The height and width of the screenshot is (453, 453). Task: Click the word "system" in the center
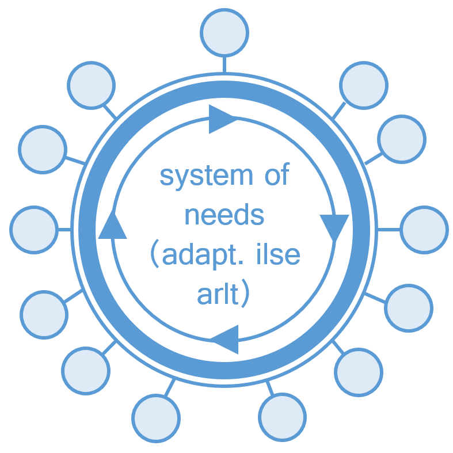pyautogui.click(x=206, y=176)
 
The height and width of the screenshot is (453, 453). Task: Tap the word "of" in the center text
pyautogui.click(x=277, y=174)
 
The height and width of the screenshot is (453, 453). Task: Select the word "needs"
pyautogui.click(x=224, y=214)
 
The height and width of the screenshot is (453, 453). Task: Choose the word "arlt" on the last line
pyautogui.click(x=218, y=293)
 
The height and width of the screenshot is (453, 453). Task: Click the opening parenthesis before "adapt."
pyautogui.click(x=155, y=253)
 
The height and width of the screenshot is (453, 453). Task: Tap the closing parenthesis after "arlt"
pyautogui.click(x=245, y=293)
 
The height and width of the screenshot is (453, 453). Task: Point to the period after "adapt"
pyautogui.click(x=241, y=262)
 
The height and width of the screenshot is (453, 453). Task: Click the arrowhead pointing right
pyautogui.click(x=222, y=119)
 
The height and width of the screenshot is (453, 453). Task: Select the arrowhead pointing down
pyautogui.click(x=334, y=228)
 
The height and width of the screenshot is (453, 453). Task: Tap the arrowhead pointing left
pyautogui.click(x=224, y=340)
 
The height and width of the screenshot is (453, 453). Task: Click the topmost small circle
pyautogui.click(x=224, y=33)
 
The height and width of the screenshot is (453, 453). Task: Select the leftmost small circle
pyautogui.click(x=34, y=230)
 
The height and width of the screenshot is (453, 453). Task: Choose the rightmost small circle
pyautogui.click(x=424, y=230)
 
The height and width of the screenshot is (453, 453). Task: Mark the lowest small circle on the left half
pyautogui.click(x=156, y=418)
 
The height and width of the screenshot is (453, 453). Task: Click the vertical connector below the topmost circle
pyautogui.click(x=224, y=64)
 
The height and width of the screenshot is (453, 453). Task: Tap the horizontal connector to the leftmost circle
pyautogui.click(x=64, y=230)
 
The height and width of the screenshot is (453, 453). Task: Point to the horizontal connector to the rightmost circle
pyautogui.click(x=389, y=230)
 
